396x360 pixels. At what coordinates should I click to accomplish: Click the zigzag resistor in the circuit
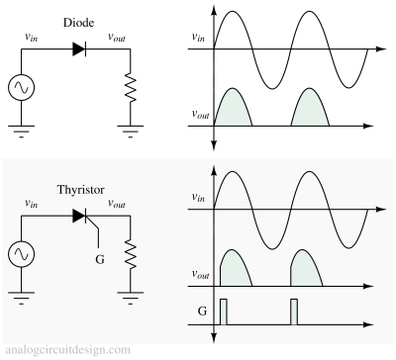click(129, 258)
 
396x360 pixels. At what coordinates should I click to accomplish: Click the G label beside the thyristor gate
click(98, 260)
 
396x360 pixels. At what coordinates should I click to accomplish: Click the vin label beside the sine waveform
click(200, 199)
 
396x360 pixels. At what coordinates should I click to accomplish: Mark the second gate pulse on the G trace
click(293, 312)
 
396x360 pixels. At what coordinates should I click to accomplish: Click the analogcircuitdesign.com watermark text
click(67, 350)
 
